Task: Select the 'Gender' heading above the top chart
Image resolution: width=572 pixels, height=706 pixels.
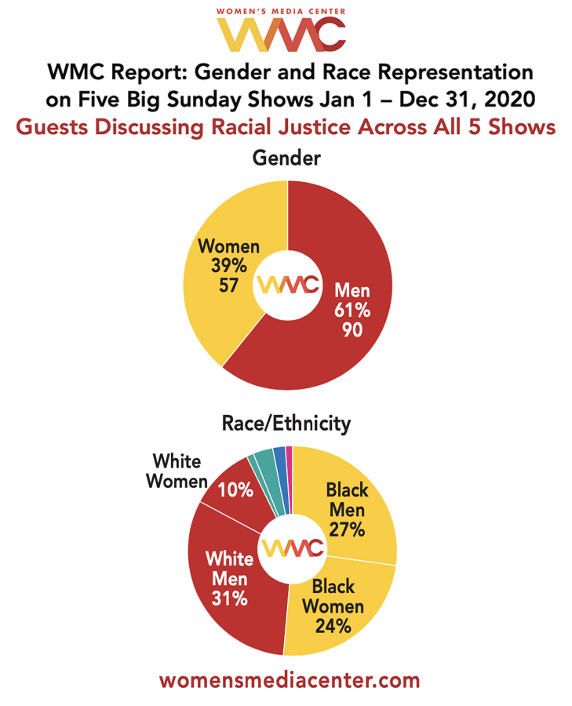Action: (286, 158)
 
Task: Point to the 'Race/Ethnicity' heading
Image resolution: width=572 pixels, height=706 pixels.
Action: (287, 424)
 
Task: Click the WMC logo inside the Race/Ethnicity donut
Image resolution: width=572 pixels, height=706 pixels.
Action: (293, 548)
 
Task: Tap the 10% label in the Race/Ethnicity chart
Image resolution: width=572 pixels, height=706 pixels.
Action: (236, 490)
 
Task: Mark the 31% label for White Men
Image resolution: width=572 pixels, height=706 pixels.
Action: (229, 600)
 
